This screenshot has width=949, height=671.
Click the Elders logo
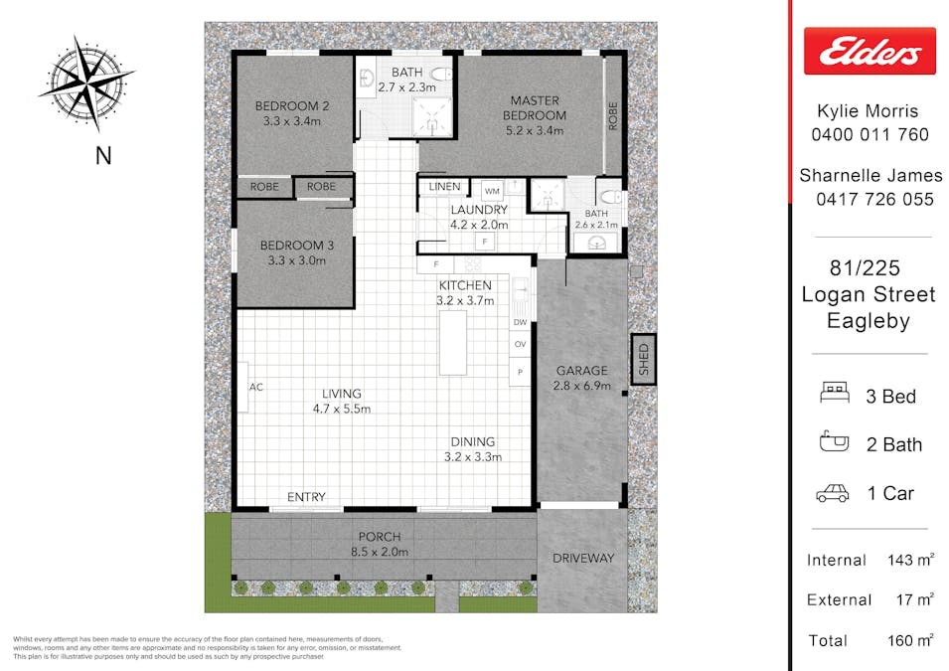[870, 51]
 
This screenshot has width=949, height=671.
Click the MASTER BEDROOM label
[535, 107]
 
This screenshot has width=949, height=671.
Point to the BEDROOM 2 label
[291, 113]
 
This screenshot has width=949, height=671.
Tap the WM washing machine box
[492, 191]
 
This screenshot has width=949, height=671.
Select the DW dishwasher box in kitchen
[520, 322]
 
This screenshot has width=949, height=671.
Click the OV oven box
[520, 344]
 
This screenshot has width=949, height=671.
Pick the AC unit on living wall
[244, 388]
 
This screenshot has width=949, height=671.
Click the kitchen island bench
[453, 342]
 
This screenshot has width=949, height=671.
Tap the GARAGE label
[580, 378]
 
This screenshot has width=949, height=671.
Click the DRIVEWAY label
[584, 559]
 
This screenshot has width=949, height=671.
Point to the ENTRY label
[306, 497]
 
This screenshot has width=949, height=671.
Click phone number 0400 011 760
[871, 134]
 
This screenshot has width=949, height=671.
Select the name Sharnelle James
[870, 175]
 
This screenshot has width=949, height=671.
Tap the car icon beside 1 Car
[833, 493]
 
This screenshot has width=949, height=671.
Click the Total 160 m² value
[910, 640]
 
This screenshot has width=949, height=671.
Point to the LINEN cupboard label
[444, 187]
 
